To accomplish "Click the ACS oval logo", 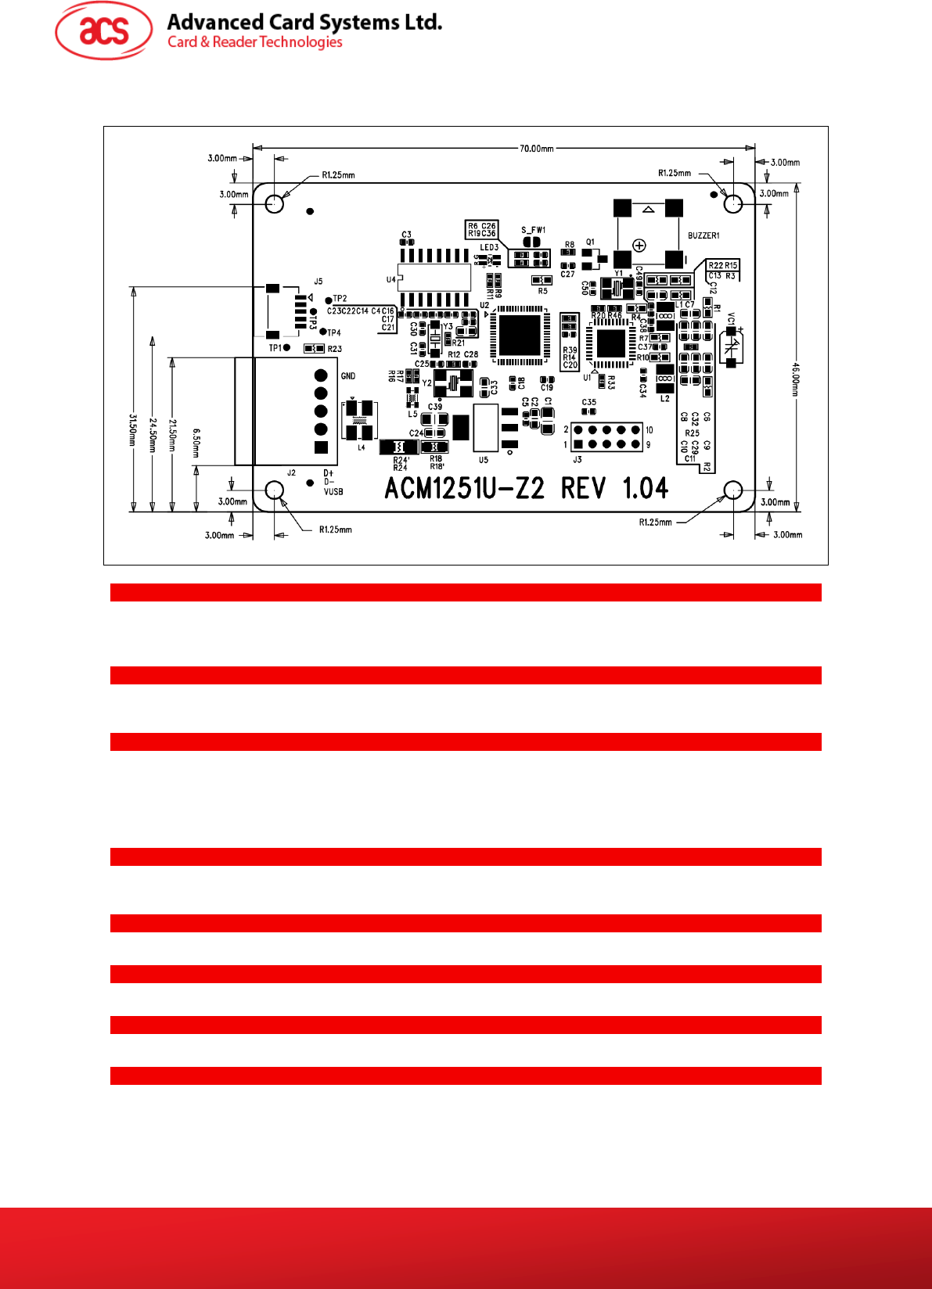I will [103, 31].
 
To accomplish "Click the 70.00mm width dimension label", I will [536, 148].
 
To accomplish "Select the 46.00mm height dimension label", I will [795, 379].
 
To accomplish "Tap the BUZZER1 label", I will [703, 235].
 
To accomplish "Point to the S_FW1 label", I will [533, 230].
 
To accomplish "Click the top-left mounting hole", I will [274, 203].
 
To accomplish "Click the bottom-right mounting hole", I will [732, 490].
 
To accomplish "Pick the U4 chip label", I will [390, 280].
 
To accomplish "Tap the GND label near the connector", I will [348, 376].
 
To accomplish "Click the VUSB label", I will [333, 492].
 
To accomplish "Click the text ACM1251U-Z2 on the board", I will [464, 489].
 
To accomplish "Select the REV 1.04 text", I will [614, 489].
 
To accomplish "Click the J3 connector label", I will [577, 460].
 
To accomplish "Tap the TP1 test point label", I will [275, 348].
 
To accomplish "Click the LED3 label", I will [489, 247].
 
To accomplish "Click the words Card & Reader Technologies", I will [255, 42].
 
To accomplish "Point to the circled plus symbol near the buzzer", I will [639, 246].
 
